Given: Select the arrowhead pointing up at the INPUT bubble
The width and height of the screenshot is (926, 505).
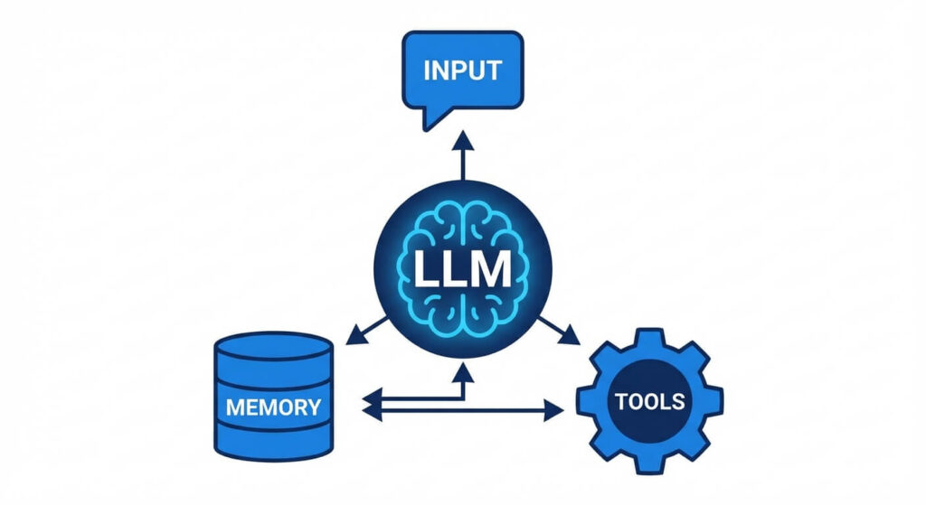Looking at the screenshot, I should [x=463, y=141].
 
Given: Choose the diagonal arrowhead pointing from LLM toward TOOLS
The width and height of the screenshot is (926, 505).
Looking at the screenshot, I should [x=571, y=337].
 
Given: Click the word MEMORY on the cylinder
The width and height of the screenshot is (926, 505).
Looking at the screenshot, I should [x=273, y=407].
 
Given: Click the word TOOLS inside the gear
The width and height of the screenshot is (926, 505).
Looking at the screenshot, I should [x=649, y=401].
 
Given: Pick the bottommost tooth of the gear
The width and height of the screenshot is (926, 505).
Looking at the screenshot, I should [x=650, y=465].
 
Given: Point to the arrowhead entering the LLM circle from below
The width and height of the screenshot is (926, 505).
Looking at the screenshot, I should [x=463, y=369].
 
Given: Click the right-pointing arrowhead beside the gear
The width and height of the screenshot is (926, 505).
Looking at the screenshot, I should [x=553, y=412].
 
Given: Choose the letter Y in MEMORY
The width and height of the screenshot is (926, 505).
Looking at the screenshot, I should [x=312, y=407].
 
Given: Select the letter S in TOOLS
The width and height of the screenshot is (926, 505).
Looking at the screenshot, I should [x=677, y=401].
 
